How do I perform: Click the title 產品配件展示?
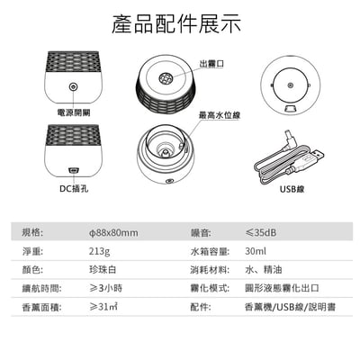[x=179, y=23]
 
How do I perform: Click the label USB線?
[x=293, y=190]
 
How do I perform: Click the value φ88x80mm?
[x=107, y=233]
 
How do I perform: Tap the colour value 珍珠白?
[x=91, y=270]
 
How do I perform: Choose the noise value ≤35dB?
[x=262, y=233]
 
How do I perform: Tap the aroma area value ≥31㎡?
[x=92, y=307]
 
